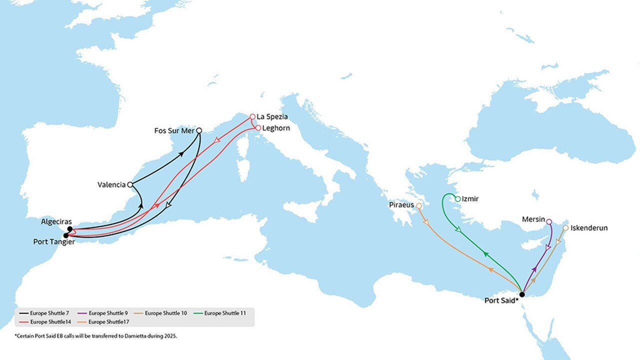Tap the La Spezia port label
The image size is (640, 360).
click(272, 117)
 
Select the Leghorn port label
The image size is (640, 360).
click(276, 128)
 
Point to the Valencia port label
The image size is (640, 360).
click(111, 185)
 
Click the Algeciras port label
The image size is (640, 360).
click(56, 221)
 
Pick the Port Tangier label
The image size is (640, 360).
click(53, 242)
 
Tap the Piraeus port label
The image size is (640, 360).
click(401, 205)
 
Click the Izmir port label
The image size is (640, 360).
click(470, 199)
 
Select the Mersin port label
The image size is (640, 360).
click(533, 219)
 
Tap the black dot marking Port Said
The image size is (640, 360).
click(522, 294)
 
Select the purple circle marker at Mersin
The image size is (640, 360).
click(549, 221)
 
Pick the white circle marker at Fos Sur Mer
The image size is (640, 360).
click(199, 130)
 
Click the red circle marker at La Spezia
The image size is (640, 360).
click(252, 117)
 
